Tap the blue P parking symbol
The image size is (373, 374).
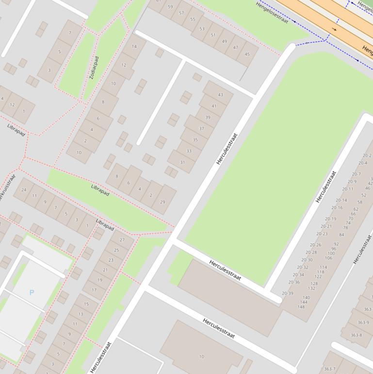pyautogui.click(x=32, y=292)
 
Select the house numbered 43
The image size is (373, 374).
pyautogui.click(x=221, y=95)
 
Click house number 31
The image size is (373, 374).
pyautogui.click(x=182, y=162)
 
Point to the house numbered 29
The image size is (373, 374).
pyautogui.click(x=162, y=202)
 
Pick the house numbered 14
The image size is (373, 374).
pyautogui.click(x=134, y=47)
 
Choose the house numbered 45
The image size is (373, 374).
pyautogui.click(x=247, y=54)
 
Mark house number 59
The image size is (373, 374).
pyautogui.click(x=170, y=7)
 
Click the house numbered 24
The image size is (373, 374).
pyautogui.click(x=23, y=190)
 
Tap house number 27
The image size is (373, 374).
pyautogui.click(x=122, y=240)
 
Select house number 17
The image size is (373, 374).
pyautogui.click(x=94, y=290)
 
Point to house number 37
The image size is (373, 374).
pyautogui.click(x=202, y=129)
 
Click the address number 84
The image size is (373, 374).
pyautogui.click(x=341, y=235)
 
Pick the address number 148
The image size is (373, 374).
pyautogui.click(x=301, y=307)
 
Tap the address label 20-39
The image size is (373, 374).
pyautogui.click(x=288, y=293)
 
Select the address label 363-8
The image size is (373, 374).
pyautogui.click(x=356, y=335)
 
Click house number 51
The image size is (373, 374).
pyautogui.click(x=213, y=35)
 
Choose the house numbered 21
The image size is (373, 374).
pyautogui.click(x=105, y=270)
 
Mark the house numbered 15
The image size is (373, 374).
pyautogui.click(x=86, y=304)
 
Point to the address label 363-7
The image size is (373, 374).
pyautogui.click(x=329, y=369)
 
